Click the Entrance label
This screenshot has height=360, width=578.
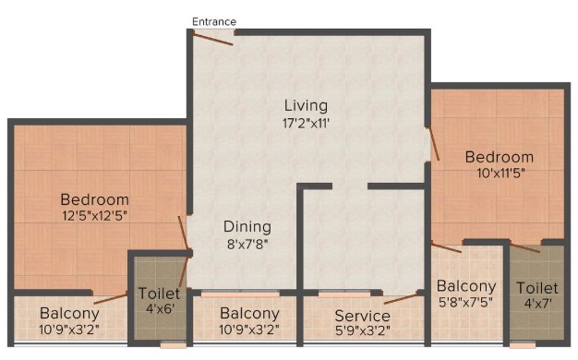214,22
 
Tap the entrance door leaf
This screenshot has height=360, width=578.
213,39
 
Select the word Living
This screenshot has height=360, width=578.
306,106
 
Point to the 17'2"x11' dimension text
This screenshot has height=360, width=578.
306,123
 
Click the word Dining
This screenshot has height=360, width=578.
247,227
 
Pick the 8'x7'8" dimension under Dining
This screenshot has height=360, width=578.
247,244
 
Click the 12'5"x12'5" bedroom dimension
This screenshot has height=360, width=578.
95,216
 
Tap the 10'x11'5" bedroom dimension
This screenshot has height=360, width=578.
501,173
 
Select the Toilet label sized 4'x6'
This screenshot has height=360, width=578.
159,294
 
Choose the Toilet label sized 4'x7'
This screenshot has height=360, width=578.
537,288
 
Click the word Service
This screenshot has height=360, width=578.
362,316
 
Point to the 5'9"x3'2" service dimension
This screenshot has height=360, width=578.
362,330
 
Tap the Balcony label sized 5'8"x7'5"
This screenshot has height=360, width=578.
466,286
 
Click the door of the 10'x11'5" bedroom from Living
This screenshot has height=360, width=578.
433,144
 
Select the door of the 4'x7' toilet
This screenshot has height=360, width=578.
525,247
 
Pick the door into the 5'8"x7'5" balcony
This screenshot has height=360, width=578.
446,247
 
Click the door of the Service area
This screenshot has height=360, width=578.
401,298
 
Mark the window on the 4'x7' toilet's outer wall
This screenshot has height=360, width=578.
523,345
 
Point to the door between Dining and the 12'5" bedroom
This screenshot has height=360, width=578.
184,233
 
